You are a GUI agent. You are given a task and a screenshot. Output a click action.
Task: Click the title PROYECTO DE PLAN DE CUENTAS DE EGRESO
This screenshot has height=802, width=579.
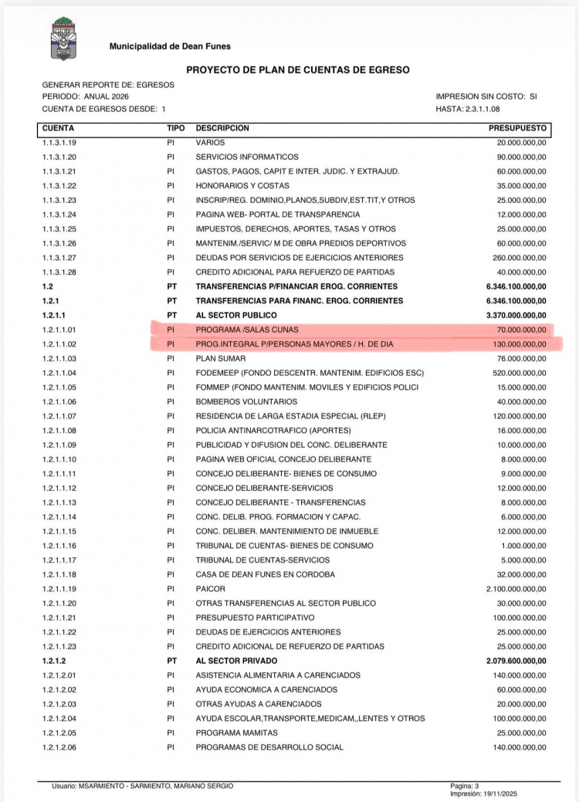298,69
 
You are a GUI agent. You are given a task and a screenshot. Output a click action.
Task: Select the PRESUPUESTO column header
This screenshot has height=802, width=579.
517,127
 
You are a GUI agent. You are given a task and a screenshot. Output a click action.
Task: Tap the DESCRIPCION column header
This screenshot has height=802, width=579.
222,127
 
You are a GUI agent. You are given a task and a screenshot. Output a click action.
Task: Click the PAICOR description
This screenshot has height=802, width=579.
210,588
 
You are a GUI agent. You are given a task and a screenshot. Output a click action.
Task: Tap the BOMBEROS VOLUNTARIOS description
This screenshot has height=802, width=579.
246,401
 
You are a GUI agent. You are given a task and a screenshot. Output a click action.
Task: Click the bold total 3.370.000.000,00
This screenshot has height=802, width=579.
513,315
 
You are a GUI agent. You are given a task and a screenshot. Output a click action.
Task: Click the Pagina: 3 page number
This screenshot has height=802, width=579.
466,785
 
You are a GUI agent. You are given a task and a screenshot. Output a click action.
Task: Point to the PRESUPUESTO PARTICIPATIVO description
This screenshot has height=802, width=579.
255,618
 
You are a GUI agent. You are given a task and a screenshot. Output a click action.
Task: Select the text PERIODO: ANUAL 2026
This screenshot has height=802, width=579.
86,96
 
